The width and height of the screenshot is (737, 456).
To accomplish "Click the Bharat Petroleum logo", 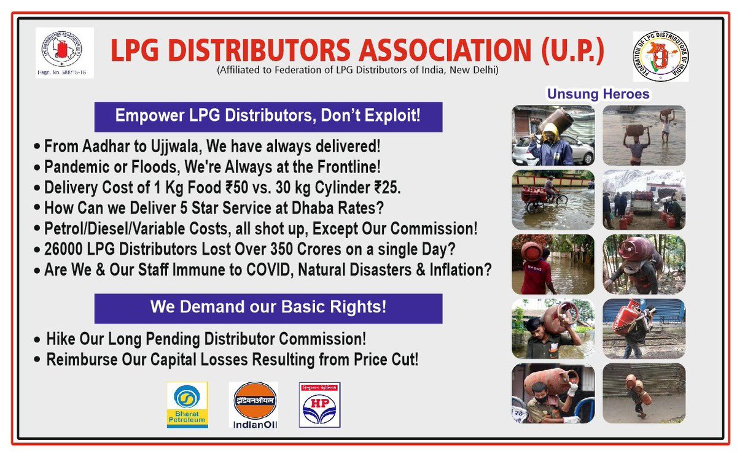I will click(187, 404).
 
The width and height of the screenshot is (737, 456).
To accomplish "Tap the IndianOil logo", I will click(253, 404).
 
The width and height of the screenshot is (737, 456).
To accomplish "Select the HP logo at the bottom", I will click(319, 404).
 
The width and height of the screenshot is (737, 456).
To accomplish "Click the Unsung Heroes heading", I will click(598, 95).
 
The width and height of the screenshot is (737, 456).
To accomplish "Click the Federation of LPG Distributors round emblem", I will click(660, 56).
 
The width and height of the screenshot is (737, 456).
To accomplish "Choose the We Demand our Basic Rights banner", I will click(268, 307).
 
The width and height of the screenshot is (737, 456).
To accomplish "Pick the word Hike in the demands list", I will click(59, 339).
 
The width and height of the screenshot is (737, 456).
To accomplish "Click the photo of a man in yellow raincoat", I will click(553, 135).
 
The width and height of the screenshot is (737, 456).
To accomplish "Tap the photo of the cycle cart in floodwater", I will click(553, 199).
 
